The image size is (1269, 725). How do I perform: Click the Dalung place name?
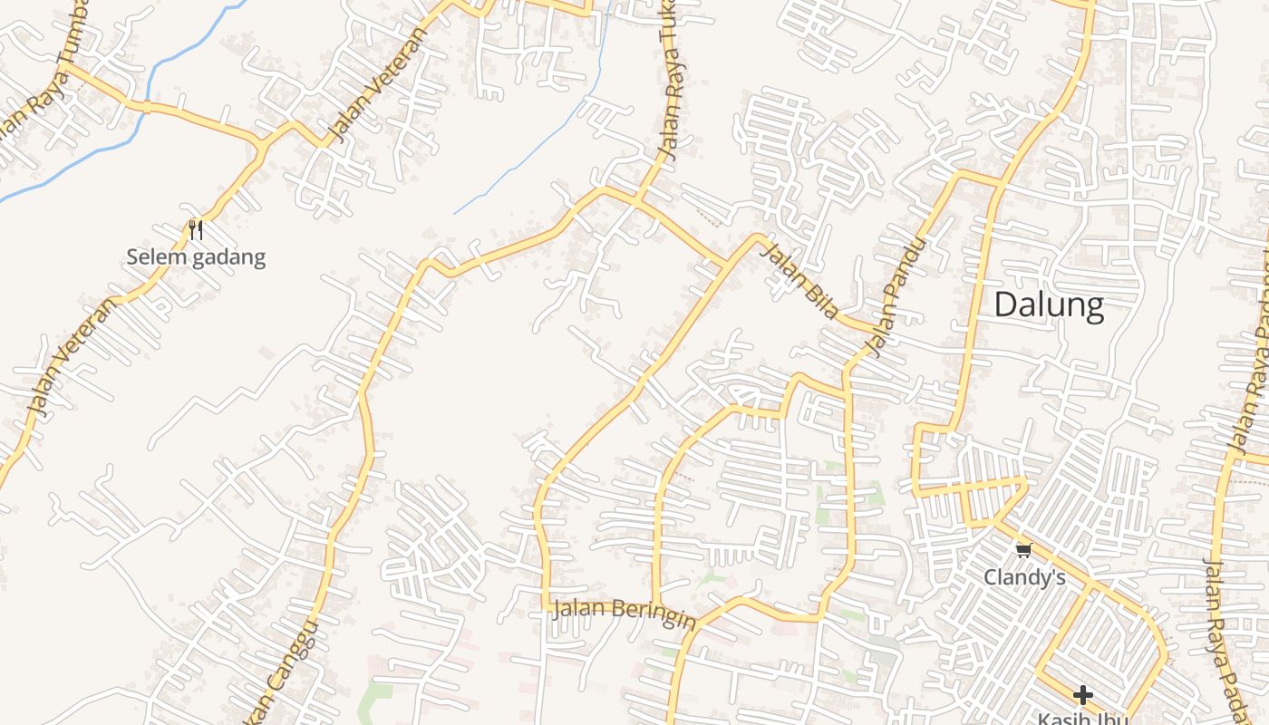(1049, 305)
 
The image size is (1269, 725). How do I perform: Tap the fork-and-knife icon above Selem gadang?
(195, 230)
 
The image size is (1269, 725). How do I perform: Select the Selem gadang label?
(196, 257)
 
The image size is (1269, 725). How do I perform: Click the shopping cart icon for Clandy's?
(1024, 550)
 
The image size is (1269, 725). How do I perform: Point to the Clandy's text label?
(1024, 577)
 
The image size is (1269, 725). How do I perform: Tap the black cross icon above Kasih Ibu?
(1082, 696)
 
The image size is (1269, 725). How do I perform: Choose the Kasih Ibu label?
(1082, 719)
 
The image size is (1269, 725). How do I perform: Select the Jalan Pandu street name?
(898, 296)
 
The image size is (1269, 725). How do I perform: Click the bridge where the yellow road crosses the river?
(145, 106)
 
